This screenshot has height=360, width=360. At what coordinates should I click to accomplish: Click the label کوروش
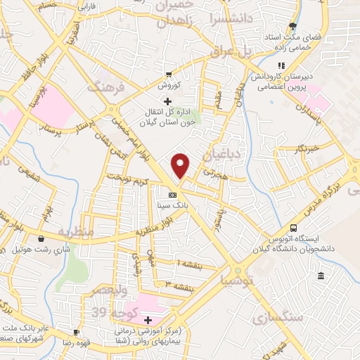point(169,85)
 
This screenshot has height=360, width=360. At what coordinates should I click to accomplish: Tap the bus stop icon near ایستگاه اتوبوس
point(293,228)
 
